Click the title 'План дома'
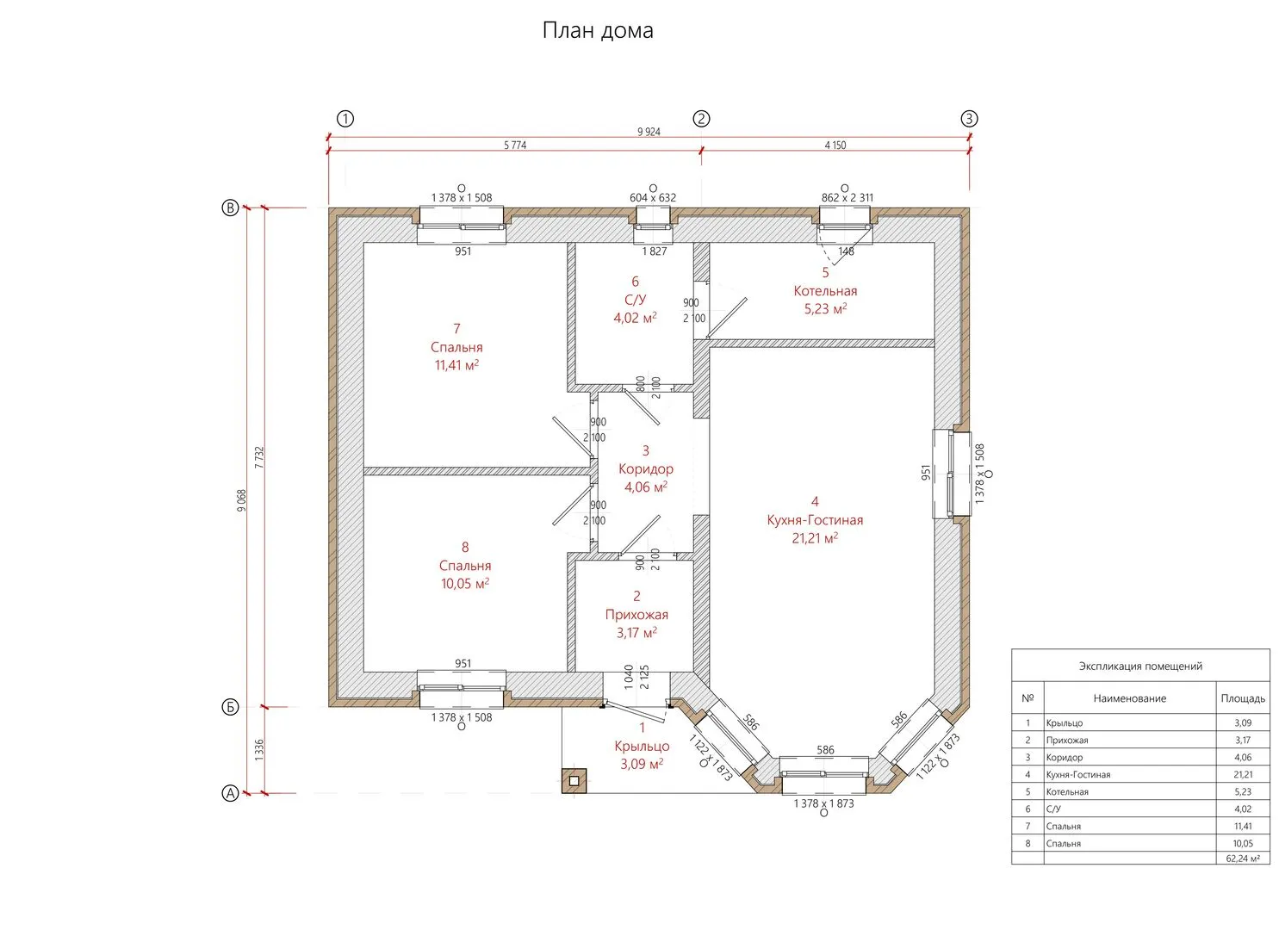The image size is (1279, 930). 598,31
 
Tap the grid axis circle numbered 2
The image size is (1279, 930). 702,119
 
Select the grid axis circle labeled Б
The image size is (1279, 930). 230,707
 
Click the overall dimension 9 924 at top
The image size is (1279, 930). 649,132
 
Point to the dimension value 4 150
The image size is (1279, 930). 835,146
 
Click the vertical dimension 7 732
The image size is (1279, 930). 258,457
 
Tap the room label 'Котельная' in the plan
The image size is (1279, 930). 825,291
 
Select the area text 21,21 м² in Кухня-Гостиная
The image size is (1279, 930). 815,538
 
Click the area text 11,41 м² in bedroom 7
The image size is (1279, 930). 456,365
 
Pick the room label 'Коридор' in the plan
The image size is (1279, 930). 646,469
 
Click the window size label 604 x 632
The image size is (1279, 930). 653,197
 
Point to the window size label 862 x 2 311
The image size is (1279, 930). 847,197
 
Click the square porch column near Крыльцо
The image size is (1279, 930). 574,780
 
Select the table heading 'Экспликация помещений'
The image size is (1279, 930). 1140,666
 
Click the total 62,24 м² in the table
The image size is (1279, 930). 1243,859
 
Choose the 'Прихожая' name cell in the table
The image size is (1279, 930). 1067,741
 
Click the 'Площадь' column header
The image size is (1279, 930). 1243,698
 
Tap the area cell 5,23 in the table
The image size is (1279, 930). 1243,792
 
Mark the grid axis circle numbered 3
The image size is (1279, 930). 970,119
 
